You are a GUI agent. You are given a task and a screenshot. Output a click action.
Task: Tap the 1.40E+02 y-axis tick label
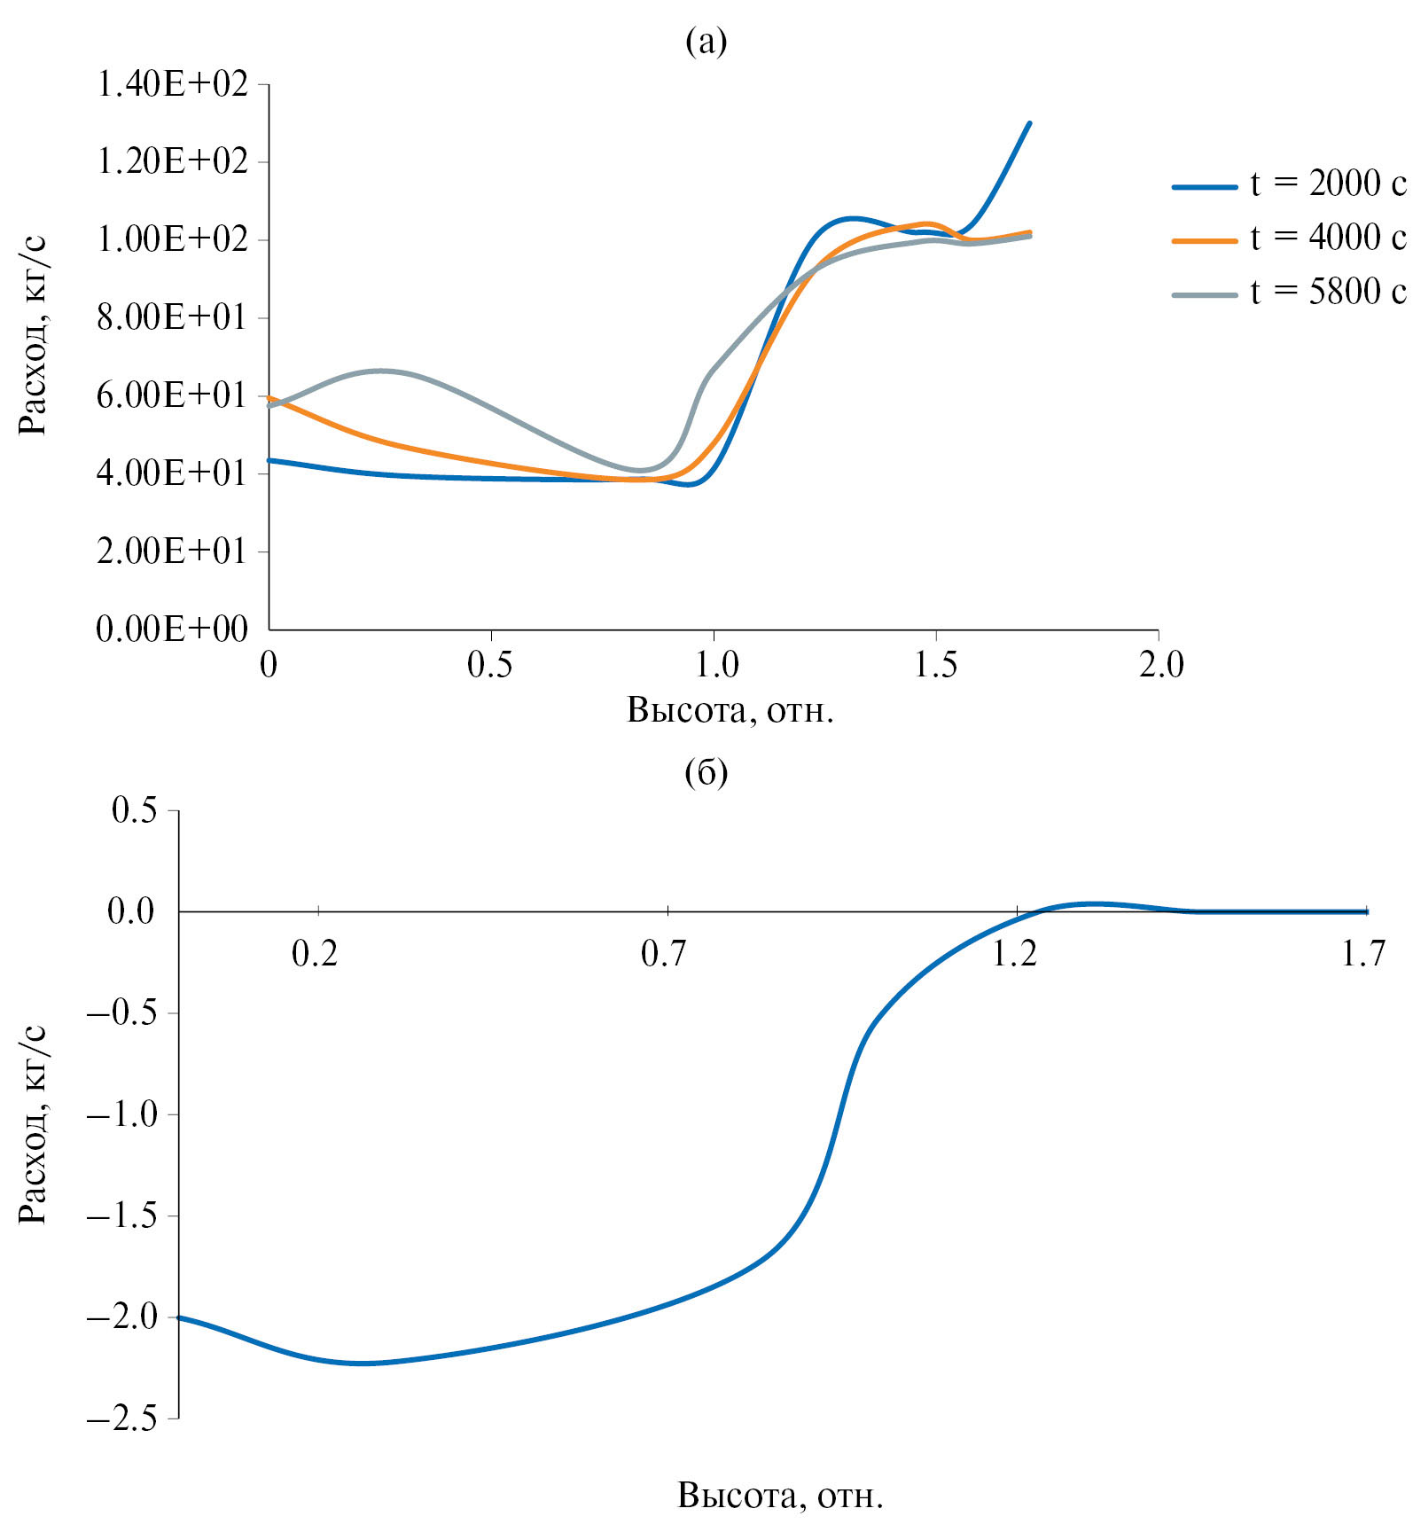click(173, 85)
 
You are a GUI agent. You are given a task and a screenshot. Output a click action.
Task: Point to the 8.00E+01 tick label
click(173, 317)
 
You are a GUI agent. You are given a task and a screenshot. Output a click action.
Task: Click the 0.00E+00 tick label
click(173, 629)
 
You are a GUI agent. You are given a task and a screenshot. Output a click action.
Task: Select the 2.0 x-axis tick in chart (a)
click(1160, 665)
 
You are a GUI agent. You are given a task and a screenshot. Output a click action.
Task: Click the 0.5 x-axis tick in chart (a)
click(490, 665)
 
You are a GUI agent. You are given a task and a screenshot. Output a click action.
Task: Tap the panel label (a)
click(706, 41)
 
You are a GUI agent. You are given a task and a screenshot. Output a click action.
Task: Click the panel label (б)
click(706, 773)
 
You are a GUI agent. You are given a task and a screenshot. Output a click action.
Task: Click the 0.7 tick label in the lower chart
click(664, 954)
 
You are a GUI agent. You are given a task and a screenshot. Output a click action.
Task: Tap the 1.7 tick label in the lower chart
click(1363, 954)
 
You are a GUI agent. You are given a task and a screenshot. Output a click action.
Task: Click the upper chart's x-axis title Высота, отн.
click(730, 710)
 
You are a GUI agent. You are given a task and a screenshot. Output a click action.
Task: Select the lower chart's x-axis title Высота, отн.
click(780, 1495)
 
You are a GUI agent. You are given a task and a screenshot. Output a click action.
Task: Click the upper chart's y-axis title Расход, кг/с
click(33, 335)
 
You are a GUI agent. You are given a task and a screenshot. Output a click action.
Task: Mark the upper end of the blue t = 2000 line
click(1028, 123)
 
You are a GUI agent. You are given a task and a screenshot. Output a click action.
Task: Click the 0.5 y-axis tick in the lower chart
click(134, 810)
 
